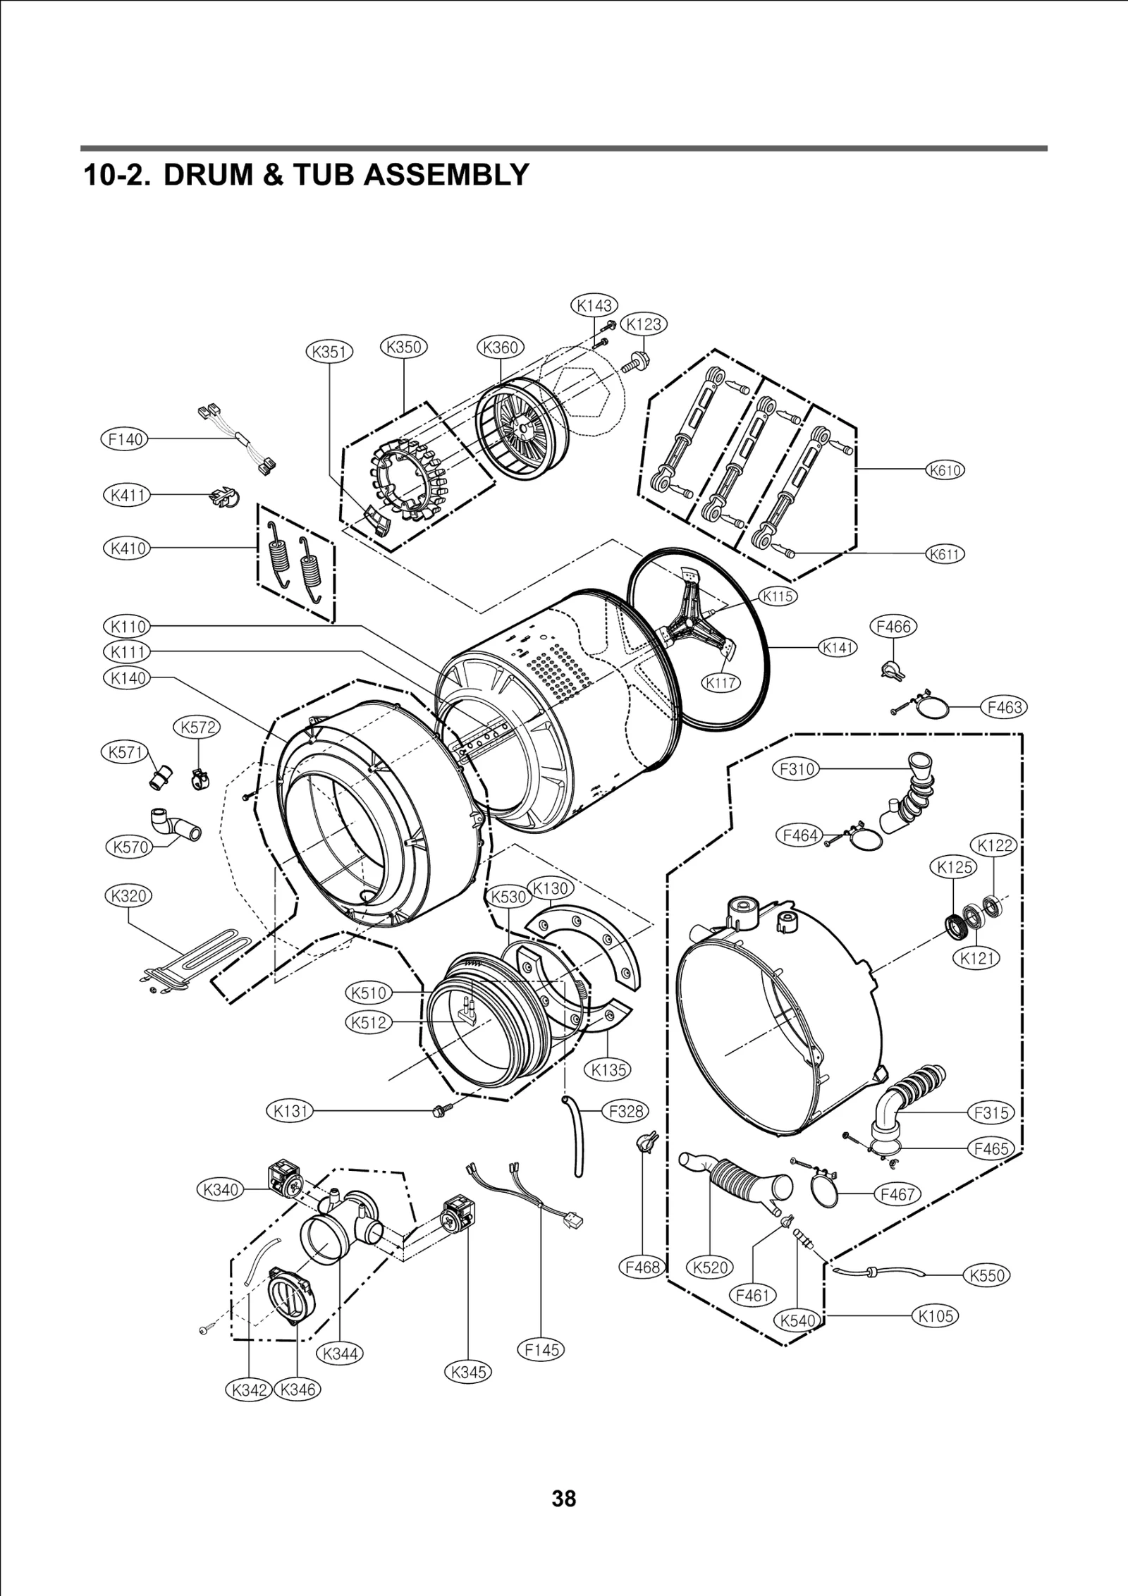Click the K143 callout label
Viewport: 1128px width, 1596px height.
coord(593,305)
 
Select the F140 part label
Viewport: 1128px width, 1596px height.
coord(124,439)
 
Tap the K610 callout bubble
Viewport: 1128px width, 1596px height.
coord(944,470)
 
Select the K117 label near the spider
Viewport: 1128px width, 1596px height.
coord(721,682)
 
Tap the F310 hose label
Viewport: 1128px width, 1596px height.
coord(797,768)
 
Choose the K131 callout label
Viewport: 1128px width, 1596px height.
coord(290,1112)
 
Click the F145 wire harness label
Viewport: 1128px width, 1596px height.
coord(541,1349)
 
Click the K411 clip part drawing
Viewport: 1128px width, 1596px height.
coord(224,497)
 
